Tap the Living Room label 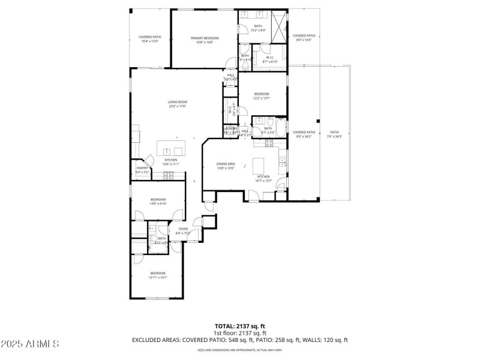[x=177, y=104]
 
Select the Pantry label [x=142, y=170]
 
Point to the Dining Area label [x=226, y=166]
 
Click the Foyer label [x=182, y=231]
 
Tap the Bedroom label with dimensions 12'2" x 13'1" [x=262, y=95]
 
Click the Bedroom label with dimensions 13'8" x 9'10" [x=158, y=201]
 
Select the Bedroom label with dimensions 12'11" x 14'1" [x=158, y=275]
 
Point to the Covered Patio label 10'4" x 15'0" [x=149, y=39]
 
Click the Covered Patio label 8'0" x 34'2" [x=304, y=134]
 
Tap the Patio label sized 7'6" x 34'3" [x=334, y=134]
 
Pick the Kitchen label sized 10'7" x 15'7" [x=264, y=178]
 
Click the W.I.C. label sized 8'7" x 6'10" [x=270, y=59]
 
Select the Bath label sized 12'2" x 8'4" [x=258, y=28]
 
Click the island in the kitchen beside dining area [x=259, y=164]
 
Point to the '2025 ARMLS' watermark [x=30, y=344]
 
